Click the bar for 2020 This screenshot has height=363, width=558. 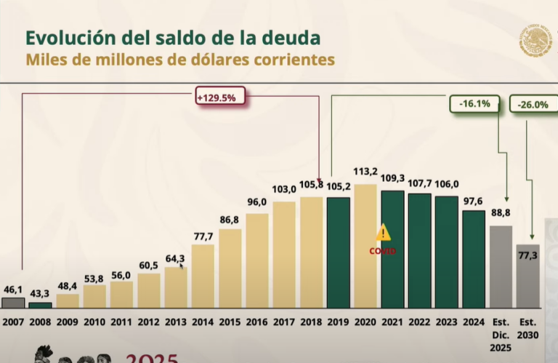point(366,247)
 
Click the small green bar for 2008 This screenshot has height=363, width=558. point(40,305)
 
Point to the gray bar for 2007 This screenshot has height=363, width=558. point(13,303)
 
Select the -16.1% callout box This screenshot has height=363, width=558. point(474,104)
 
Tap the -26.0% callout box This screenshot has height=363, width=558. point(533,104)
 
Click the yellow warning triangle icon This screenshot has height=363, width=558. point(384,233)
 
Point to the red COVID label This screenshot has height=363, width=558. point(383,251)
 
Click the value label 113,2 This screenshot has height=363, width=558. point(366,173)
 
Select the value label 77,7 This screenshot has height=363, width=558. point(203,236)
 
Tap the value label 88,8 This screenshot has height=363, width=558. point(501,214)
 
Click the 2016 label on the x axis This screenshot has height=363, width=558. point(257,322)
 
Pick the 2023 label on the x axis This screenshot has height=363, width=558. point(446,322)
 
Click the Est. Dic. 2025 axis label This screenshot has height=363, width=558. point(501,335)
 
